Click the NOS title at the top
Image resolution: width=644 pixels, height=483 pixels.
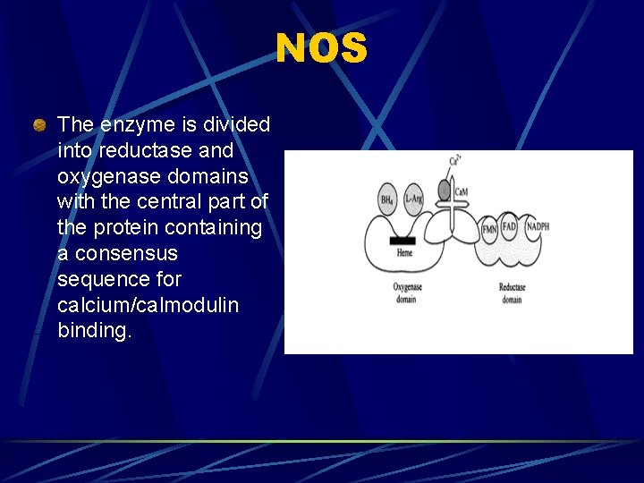click(x=321, y=48)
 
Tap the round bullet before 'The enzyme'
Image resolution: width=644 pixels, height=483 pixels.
click(x=39, y=125)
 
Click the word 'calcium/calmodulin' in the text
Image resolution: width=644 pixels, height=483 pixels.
click(x=148, y=305)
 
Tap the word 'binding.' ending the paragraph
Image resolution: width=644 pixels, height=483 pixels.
click(x=94, y=331)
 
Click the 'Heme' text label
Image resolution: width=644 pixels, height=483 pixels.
click(x=404, y=254)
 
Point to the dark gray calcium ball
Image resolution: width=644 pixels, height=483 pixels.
click(x=444, y=191)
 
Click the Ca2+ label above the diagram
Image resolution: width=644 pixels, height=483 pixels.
click(x=454, y=162)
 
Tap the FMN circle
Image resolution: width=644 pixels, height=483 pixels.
click(x=489, y=229)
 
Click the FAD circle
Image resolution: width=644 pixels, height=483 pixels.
click(x=510, y=227)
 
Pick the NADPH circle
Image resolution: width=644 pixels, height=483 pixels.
click(x=537, y=227)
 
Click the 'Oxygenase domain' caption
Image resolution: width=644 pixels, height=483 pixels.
click(x=406, y=293)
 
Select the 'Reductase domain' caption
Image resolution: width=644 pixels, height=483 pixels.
click(x=512, y=293)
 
